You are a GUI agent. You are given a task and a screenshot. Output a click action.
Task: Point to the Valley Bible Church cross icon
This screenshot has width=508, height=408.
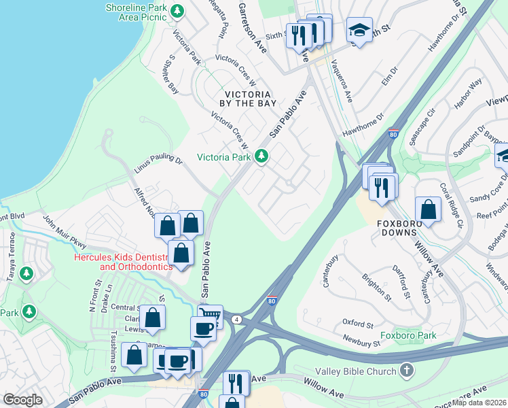pos(406,371)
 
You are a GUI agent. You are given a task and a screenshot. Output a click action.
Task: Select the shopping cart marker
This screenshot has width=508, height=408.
pos(210,316)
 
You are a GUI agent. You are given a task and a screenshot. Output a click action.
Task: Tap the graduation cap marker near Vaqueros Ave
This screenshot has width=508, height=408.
pos(359,30)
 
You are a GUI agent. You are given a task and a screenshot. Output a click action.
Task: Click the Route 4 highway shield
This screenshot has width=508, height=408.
pos(236,318)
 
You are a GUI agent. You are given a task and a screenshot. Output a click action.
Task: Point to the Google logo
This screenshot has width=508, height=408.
pos(22,400)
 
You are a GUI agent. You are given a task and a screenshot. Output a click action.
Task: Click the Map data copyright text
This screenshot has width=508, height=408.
pos(479,403)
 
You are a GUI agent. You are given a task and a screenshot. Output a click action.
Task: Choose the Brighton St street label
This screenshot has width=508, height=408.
pos(377,288)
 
